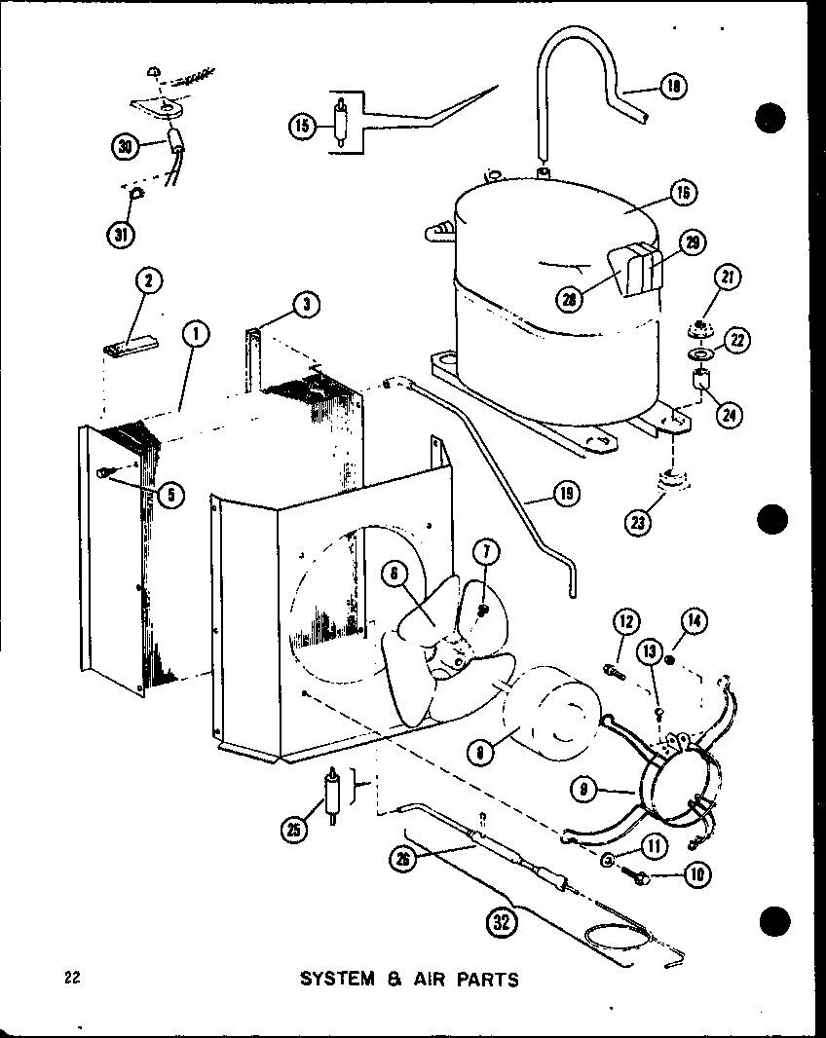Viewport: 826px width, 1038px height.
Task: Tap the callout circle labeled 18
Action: tap(673, 87)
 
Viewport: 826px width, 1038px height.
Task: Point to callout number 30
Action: tap(125, 148)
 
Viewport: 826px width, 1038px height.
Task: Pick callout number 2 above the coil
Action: tap(147, 282)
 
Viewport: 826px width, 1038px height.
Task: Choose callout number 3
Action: tap(305, 306)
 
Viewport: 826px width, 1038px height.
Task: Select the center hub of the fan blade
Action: tap(453, 658)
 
